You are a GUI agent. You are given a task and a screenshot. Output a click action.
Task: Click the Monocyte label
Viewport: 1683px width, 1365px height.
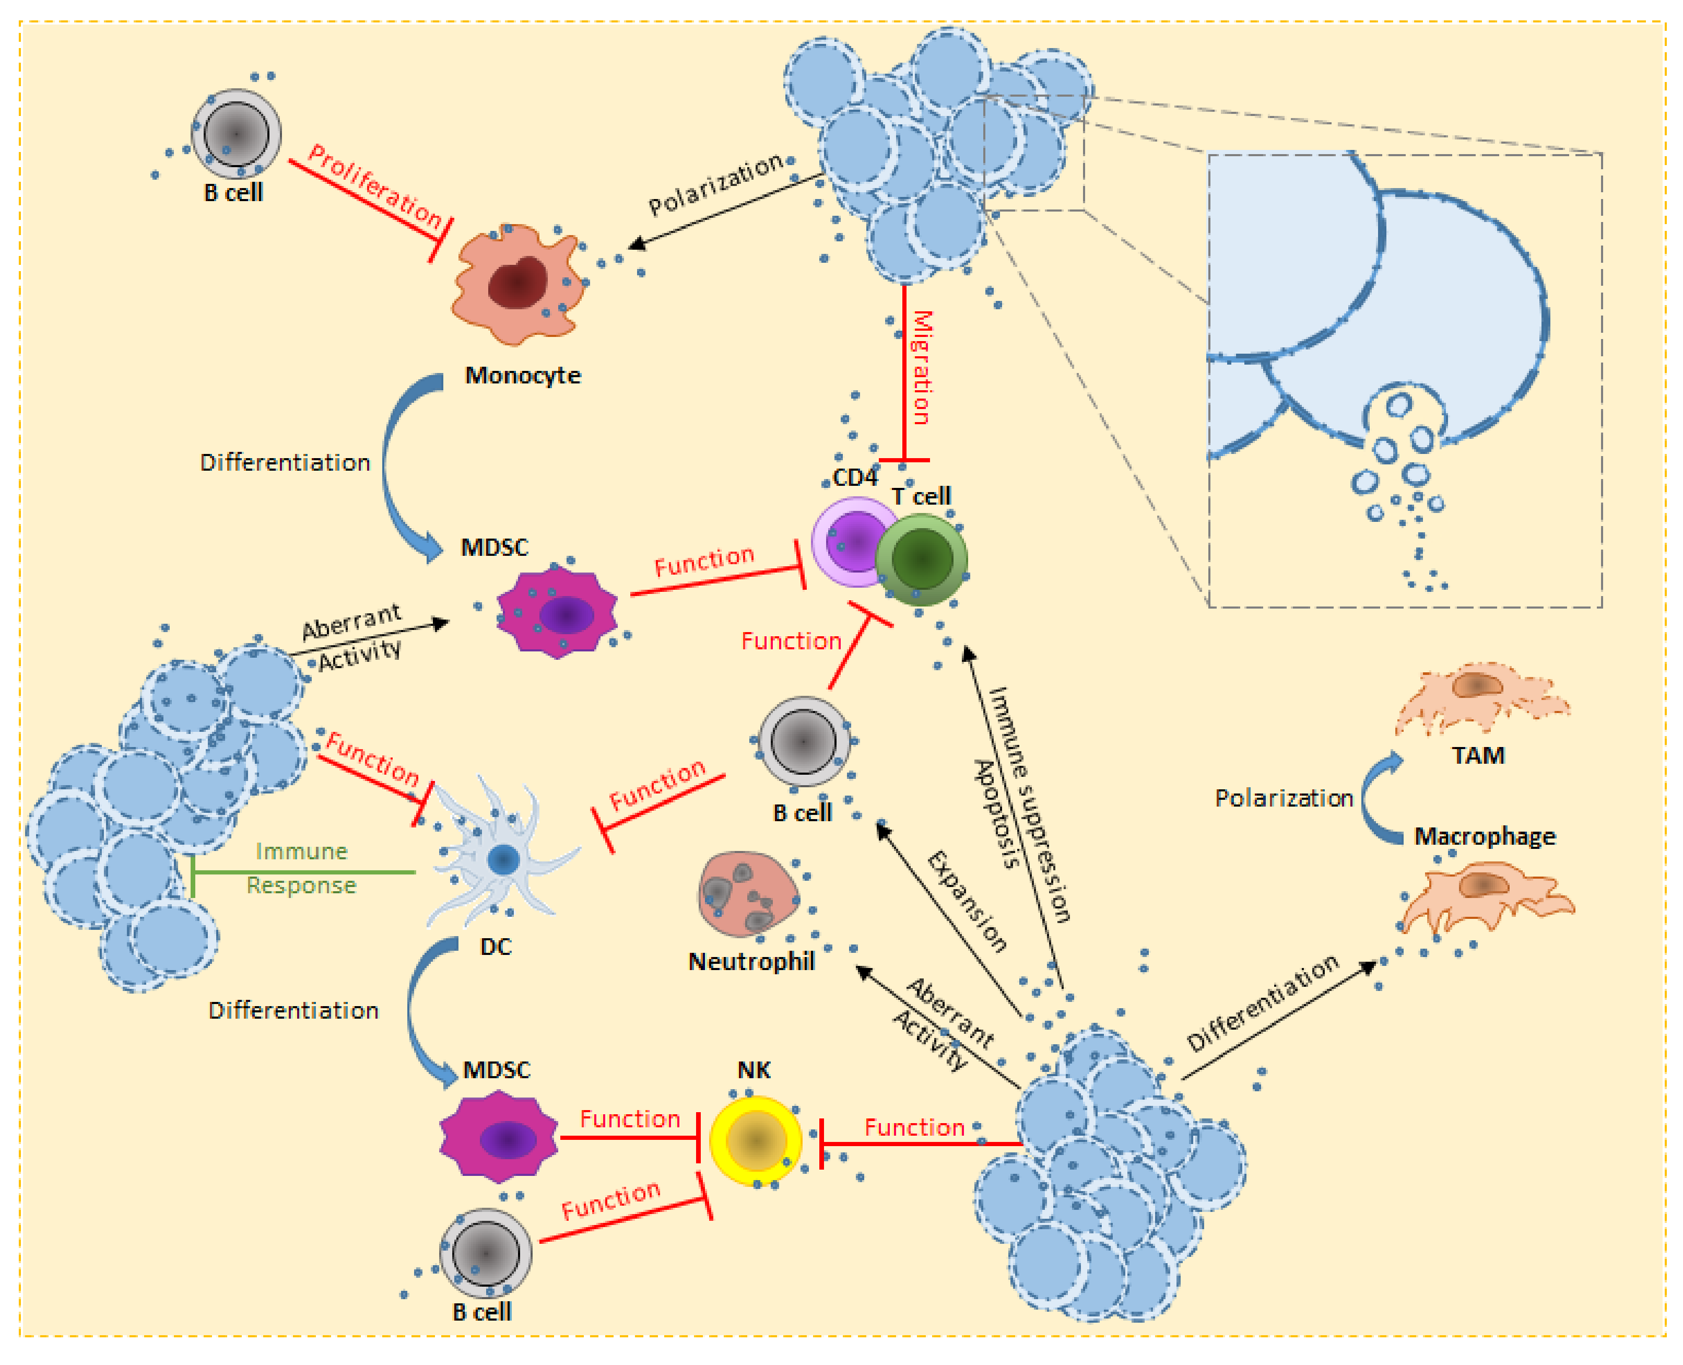[523, 376]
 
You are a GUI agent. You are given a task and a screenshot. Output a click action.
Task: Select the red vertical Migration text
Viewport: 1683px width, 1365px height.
[921, 367]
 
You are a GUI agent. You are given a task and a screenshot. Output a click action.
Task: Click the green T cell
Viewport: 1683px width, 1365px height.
[921, 559]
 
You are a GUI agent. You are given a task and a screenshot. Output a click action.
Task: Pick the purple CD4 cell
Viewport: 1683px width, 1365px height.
[853, 541]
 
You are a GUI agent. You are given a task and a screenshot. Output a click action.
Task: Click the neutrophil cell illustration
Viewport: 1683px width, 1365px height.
[747, 894]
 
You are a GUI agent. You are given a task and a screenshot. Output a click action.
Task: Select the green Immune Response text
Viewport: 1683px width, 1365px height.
[302, 869]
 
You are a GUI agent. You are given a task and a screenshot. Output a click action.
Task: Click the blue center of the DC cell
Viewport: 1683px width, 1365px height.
[503, 859]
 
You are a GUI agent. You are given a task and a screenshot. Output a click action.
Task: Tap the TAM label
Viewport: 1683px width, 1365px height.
[1478, 755]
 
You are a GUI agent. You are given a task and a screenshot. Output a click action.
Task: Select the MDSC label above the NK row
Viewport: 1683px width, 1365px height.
[496, 1070]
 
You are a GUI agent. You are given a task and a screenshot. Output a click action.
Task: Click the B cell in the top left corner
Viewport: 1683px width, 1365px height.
[236, 134]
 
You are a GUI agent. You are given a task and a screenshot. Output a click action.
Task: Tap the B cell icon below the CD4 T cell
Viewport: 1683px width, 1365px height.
[803, 741]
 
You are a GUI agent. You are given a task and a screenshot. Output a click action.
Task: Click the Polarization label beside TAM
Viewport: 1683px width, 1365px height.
[1284, 799]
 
